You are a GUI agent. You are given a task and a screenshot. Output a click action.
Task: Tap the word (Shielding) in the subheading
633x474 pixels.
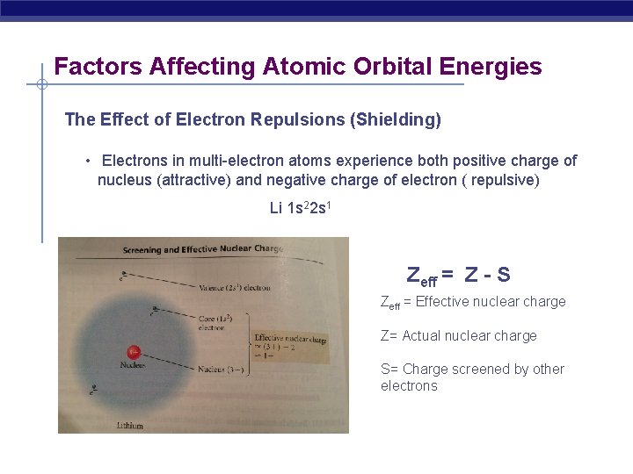point(395,119)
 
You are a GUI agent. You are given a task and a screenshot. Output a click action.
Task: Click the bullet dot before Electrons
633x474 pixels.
point(88,161)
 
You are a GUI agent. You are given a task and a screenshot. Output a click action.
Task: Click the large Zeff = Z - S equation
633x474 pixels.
point(458,275)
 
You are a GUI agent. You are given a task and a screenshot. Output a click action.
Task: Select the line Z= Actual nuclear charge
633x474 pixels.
point(458,335)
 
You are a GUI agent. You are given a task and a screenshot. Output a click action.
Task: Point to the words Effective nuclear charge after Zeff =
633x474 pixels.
point(491,302)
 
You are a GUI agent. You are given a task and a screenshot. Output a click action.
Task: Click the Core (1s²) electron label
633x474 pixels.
point(215,321)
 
